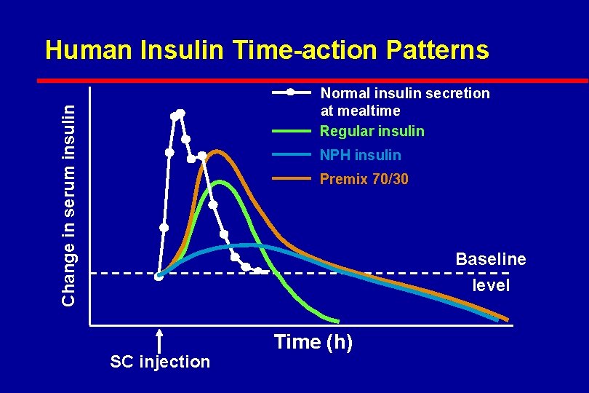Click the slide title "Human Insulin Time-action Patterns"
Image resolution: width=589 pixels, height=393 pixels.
tap(266, 50)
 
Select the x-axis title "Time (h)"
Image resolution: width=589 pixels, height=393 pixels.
tap(313, 341)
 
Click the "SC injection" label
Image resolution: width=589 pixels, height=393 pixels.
tap(159, 362)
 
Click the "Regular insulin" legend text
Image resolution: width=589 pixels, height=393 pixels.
tap(372, 131)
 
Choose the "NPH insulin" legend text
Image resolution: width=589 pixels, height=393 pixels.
tap(361, 155)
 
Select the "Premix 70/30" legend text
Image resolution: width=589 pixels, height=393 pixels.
tap(364, 179)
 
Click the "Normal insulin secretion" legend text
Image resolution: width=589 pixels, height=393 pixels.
tap(405, 93)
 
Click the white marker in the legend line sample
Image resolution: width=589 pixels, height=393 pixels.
tap(290, 92)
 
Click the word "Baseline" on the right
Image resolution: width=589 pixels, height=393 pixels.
tap(490, 259)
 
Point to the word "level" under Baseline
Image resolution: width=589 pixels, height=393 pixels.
tap(491, 285)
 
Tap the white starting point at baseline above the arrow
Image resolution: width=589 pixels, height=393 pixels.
tap(159, 275)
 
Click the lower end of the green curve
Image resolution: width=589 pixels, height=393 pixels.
tap(337, 320)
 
